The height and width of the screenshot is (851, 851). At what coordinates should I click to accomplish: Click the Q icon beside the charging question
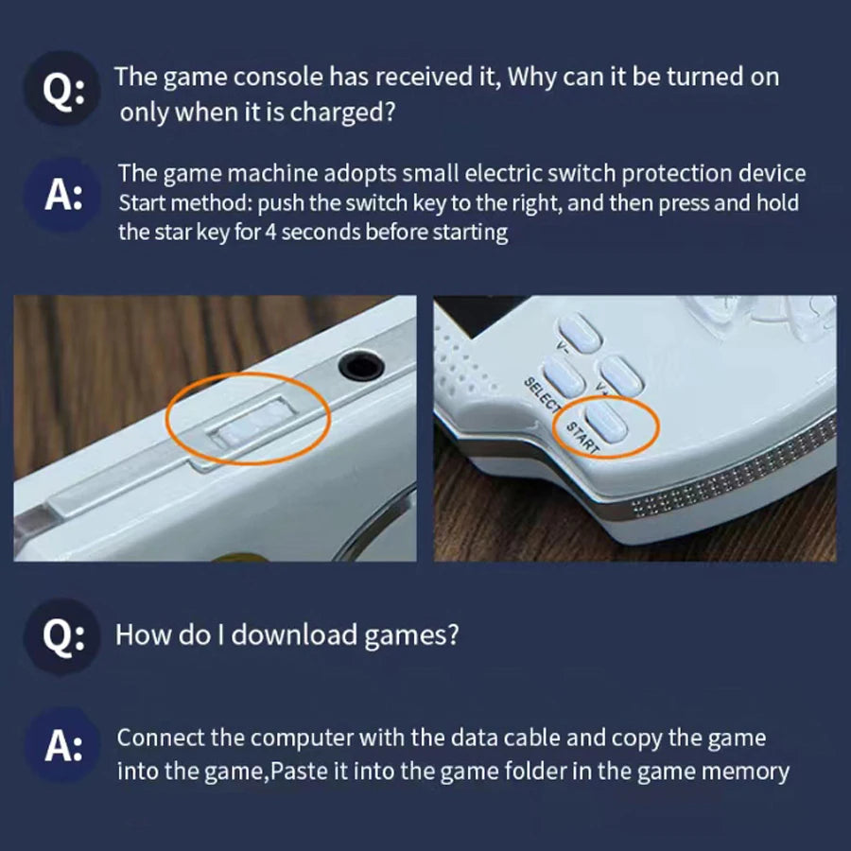click(64, 90)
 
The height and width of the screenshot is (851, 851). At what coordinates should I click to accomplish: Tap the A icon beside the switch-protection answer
click(64, 196)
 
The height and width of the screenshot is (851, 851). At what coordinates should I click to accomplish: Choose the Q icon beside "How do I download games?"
click(64, 634)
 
